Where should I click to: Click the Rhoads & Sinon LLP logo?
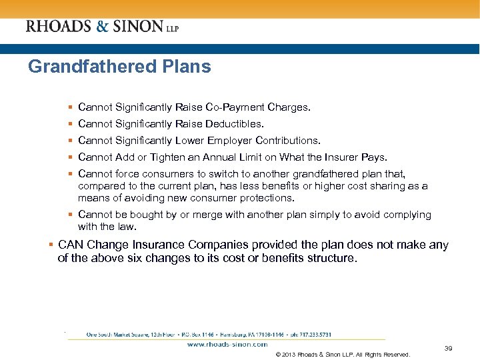point(102,27)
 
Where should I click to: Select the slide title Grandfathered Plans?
point(119,67)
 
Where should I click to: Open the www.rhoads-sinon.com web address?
point(227,345)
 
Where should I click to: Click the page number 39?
point(448,348)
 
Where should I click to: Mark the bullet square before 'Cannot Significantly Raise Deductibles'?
point(70,123)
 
